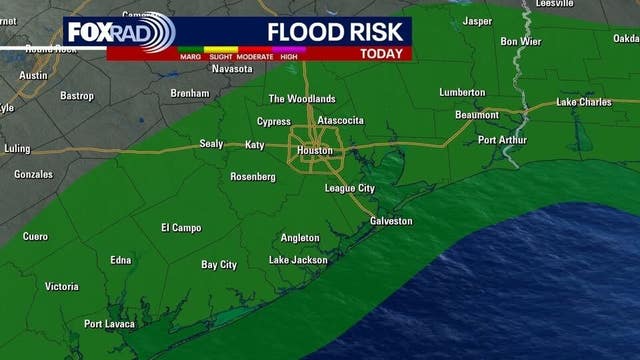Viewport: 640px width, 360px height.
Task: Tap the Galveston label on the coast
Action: (x=391, y=221)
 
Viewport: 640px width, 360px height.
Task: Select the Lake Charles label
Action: (x=587, y=103)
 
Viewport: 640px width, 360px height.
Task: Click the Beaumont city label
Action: (x=476, y=115)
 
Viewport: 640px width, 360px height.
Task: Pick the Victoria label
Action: (x=61, y=287)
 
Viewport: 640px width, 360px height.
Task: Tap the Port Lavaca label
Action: (x=108, y=323)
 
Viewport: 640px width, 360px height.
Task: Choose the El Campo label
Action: (x=181, y=228)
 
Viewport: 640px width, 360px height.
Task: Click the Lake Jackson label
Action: (x=298, y=260)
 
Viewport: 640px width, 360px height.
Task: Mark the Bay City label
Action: (x=219, y=265)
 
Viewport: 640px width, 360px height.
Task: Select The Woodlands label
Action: (x=302, y=99)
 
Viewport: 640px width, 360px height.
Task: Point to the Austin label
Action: (x=33, y=75)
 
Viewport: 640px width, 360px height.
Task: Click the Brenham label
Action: (x=190, y=92)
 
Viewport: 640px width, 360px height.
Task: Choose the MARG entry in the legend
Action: (x=191, y=57)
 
